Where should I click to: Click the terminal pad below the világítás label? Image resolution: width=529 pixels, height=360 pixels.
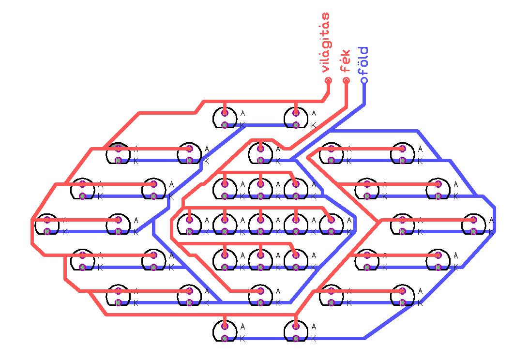point(328,80)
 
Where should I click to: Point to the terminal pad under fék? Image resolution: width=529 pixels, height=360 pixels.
point(346,80)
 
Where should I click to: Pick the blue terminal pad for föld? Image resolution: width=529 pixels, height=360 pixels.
point(364,80)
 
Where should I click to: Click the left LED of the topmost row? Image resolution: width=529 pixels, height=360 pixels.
point(225,118)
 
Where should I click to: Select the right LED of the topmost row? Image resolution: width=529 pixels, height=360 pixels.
point(296,118)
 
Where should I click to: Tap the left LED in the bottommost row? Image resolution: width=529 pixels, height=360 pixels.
point(225,331)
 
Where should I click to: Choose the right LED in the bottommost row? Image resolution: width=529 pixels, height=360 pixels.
point(296,331)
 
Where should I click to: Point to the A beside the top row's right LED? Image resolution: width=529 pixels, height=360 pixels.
point(314,113)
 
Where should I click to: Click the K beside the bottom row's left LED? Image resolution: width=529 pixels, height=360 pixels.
point(242,339)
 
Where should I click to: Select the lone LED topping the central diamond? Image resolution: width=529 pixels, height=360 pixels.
point(260,153)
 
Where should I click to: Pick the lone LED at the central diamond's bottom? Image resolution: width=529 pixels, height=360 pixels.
point(260,296)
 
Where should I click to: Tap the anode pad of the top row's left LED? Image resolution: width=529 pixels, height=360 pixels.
point(225,113)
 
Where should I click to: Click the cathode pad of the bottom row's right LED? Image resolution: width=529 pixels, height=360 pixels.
point(296,338)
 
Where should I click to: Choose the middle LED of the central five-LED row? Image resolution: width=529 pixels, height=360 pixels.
point(260,225)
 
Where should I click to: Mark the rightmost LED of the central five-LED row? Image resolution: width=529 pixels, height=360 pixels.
point(331,225)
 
